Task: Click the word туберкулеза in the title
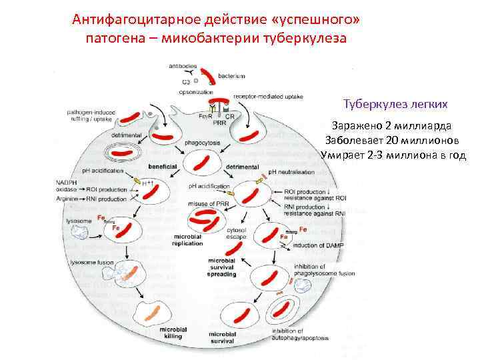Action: click(x=305, y=37)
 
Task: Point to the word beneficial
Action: click(x=161, y=165)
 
